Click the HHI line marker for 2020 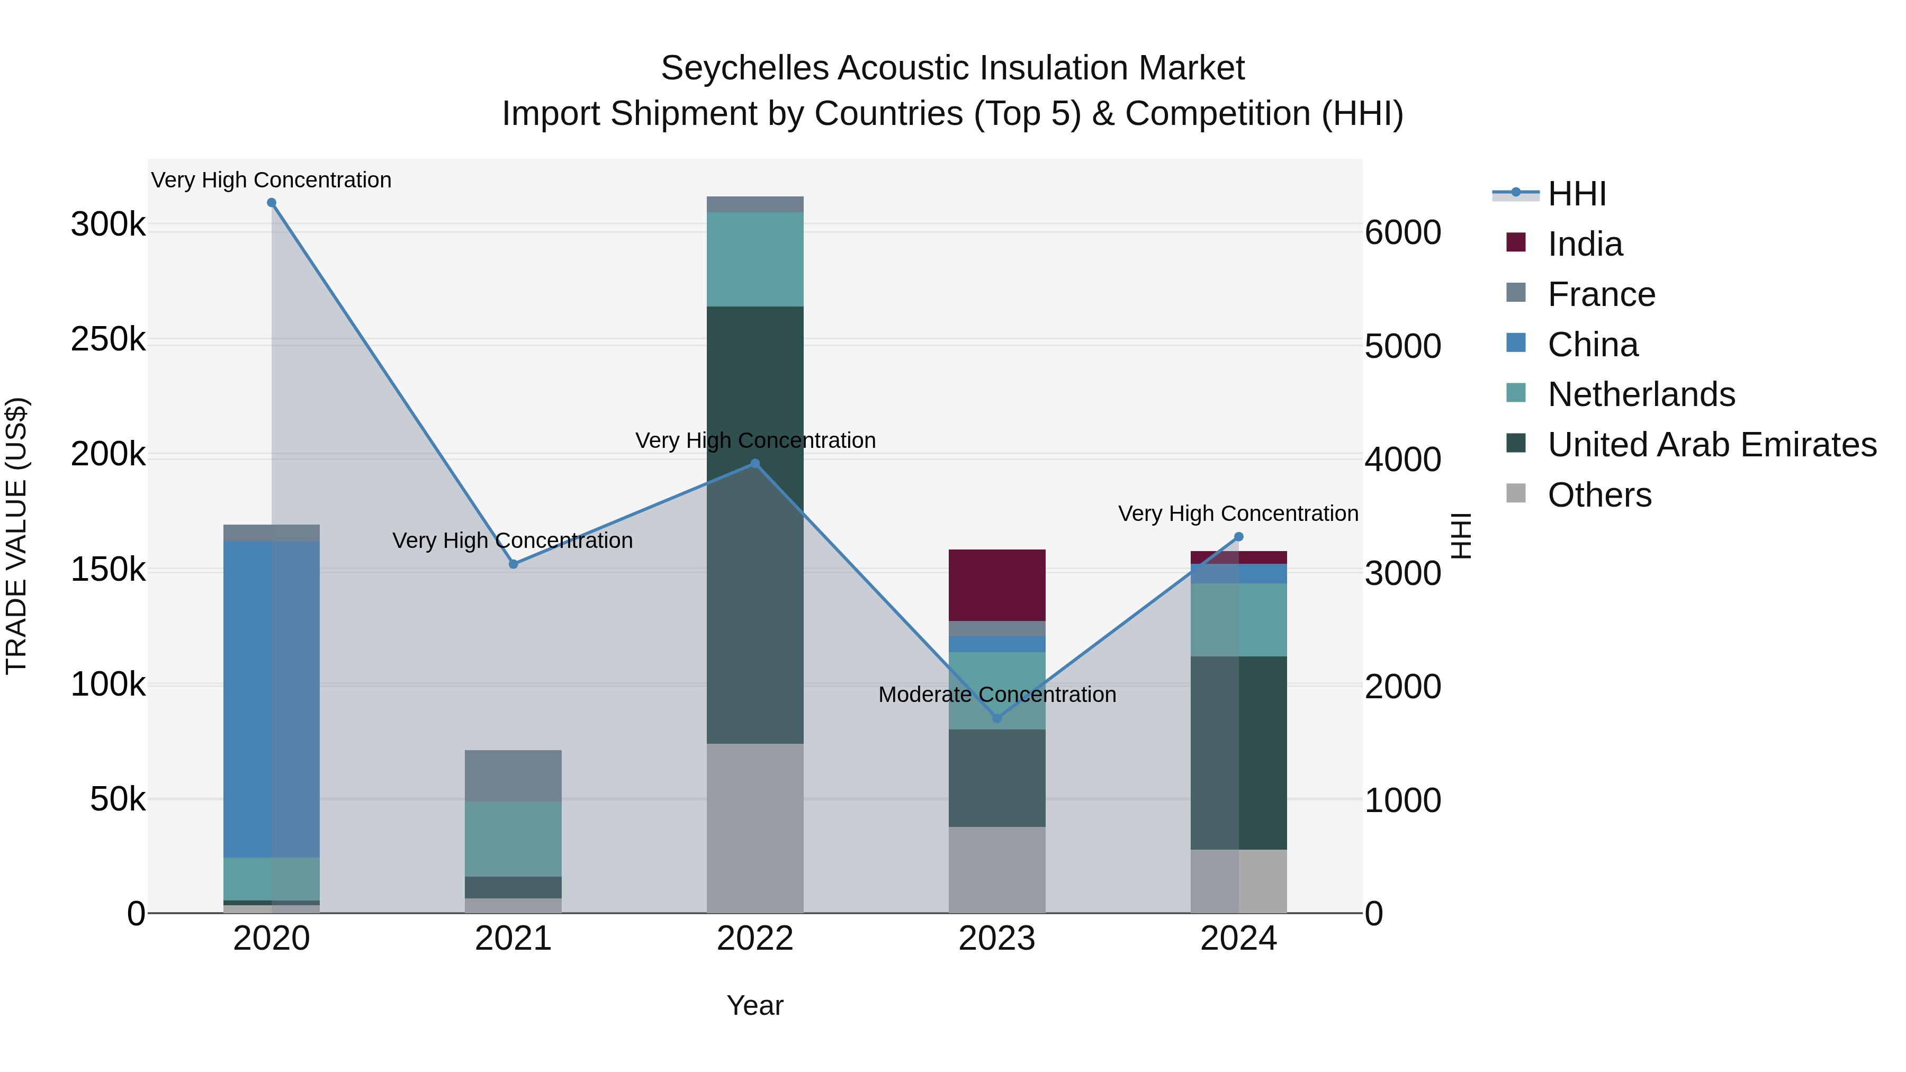click(272, 203)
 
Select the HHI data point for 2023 click(996, 718)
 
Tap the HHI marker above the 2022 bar click(754, 464)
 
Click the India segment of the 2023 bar click(996, 585)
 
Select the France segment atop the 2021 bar click(513, 776)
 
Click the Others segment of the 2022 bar click(754, 828)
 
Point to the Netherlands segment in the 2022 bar click(754, 259)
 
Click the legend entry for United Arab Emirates click(1711, 445)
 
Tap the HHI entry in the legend click(1576, 194)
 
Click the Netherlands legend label click(1641, 394)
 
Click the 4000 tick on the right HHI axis click(1402, 460)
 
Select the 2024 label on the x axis click(1238, 939)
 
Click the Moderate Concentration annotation click(996, 695)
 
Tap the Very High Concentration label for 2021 click(512, 541)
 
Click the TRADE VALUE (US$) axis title click(16, 536)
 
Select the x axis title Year click(754, 1005)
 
